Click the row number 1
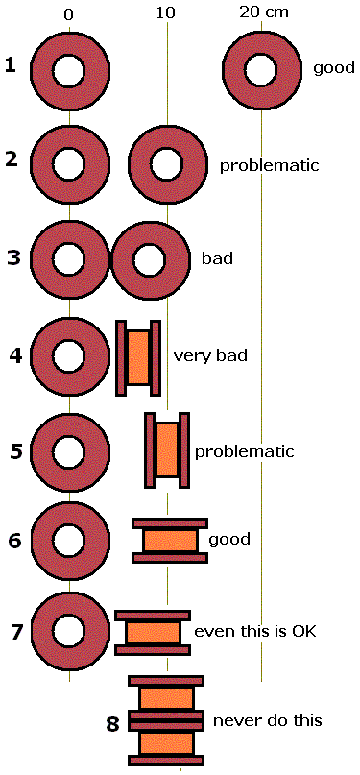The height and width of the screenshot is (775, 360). (11, 65)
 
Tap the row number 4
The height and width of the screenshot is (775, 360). (15, 355)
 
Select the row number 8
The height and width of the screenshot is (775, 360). (112, 723)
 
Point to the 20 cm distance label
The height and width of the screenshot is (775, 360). (264, 12)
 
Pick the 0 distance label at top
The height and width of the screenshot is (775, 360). (69, 13)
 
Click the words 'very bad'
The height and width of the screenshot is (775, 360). (210, 356)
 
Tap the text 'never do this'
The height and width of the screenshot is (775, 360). (267, 720)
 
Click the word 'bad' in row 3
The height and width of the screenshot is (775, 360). (216, 259)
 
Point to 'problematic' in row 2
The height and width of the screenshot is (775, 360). (269, 165)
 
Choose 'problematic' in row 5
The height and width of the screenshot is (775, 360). (244, 451)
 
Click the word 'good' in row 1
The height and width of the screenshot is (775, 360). (334, 69)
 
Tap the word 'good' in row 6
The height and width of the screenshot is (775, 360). (228, 540)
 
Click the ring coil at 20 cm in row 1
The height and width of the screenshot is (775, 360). (261, 69)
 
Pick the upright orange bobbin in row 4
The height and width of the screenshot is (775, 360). (138, 356)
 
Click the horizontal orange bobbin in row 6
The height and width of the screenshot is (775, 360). (170, 540)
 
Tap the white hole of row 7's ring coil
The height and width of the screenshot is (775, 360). (68, 630)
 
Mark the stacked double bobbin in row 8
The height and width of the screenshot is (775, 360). (166, 719)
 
